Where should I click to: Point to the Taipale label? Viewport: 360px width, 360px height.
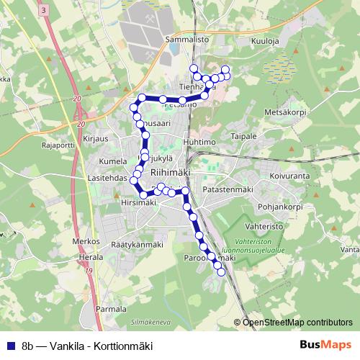coord(243,135)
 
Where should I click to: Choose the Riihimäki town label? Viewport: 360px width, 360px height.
coord(171,173)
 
